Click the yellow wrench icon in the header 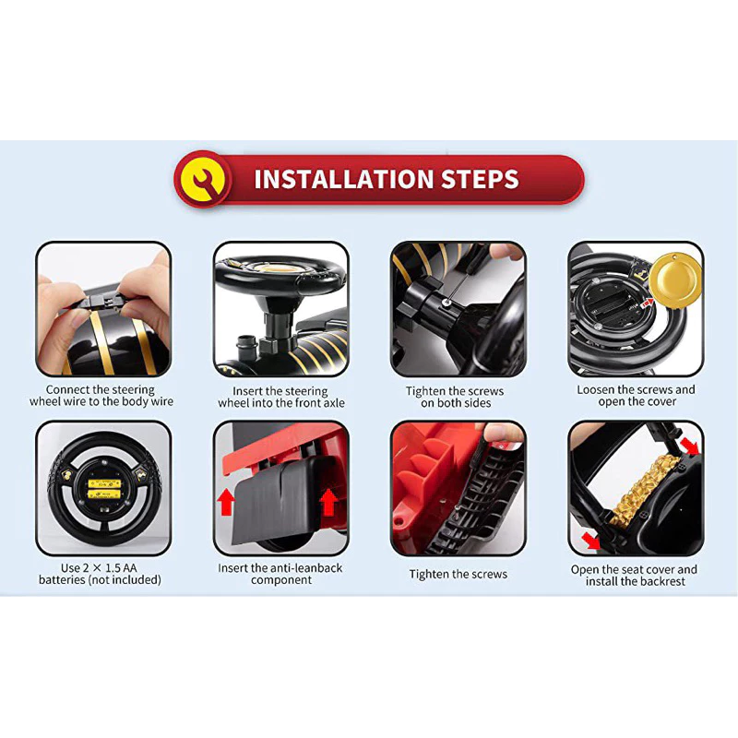coord(203,179)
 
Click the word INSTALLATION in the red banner coord(343,179)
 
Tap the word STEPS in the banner coord(480,179)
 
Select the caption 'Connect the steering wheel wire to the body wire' coord(101,396)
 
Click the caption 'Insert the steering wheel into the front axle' coord(281,397)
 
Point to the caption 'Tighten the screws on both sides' coord(455,397)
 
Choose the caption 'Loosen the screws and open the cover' coord(636,396)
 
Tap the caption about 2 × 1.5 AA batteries coord(100,574)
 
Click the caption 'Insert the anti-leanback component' coord(280,574)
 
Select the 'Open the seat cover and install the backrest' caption coord(634,575)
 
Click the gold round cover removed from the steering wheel coord(675,280)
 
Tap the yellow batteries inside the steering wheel coord(104,489)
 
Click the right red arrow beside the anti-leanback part coord(328,502)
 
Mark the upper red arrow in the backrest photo coord(689,446)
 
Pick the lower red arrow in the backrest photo coord(590,541)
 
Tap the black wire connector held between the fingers coord(101,301)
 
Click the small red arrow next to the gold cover coord(648,304)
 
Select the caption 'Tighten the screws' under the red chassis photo coord(458,574)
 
